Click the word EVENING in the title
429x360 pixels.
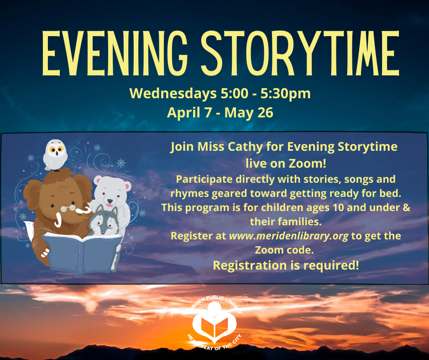click(x=115, y=53)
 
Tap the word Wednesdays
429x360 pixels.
click(x=173, y=93)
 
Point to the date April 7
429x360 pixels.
click(x=189, y=113)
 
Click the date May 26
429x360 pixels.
click(x=249, y=113)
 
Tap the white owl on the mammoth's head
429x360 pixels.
click(x=55, y=155)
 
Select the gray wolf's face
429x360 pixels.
click(x=104, y=221)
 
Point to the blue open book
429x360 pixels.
click(x=82, y=252)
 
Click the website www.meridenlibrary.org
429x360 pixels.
click(x=288, y=236)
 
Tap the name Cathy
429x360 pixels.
click(x=245, y=147)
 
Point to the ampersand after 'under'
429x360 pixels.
click(x=407, y=207)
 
